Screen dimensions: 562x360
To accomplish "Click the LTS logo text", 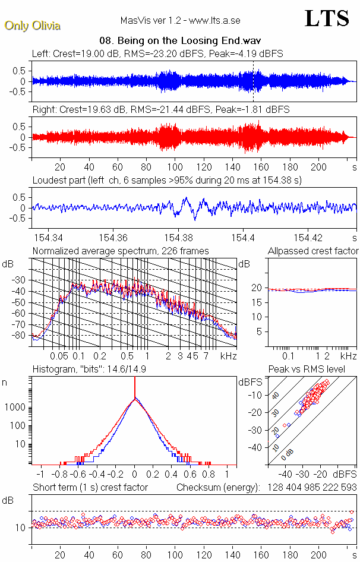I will tap(327, 18).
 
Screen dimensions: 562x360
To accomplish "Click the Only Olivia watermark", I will tap(32, 26).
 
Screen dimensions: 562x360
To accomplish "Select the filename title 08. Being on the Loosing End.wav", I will tap(181, 41).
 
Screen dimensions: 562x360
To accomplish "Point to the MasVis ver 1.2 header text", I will tap(180, 20).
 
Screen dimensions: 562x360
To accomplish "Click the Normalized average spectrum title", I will tap(121, 251).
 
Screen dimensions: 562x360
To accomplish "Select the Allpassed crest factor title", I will tap(313, 251).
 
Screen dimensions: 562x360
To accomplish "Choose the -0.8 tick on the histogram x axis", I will tap(59, 475).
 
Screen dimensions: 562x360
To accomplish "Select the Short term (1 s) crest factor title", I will tap(90, 487).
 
